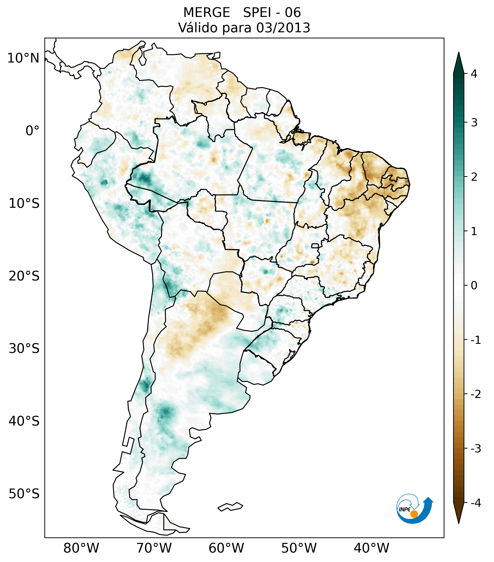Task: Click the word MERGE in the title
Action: [206, 13]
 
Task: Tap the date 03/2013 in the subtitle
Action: [283, 28]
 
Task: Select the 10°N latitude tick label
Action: [23, 58]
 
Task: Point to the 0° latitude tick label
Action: [32, 131]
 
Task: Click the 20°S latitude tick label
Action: [24, 276]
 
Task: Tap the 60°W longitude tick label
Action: [226, 548]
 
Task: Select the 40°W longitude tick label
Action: [372, 548]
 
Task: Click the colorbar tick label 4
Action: [474, 74]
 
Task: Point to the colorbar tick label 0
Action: [474, 286]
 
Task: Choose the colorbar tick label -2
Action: [476, 394]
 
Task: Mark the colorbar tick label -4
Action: [476, 503]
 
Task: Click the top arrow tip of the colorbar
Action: [459, 53]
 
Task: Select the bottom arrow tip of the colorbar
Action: [459, 523]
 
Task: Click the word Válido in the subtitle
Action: [197, 28]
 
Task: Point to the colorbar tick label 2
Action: [474, 177]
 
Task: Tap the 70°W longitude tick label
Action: [154, 548]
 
